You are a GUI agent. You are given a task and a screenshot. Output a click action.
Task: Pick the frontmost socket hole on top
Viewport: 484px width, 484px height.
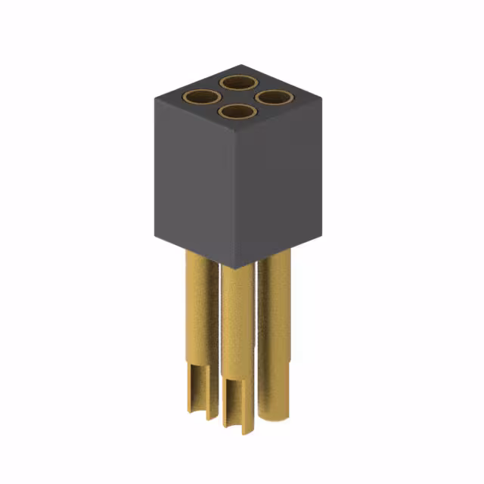[x=237, y=113]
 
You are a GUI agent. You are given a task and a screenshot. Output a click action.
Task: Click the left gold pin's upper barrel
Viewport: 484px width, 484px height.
[x=201, y=302]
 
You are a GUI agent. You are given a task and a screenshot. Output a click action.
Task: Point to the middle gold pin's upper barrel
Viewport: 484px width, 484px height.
[x=237, y=318]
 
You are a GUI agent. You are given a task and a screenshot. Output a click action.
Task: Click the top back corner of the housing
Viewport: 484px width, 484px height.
[x=240, y=65]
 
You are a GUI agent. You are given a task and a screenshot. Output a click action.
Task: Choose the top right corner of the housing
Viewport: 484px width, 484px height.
[x=321, y=97]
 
